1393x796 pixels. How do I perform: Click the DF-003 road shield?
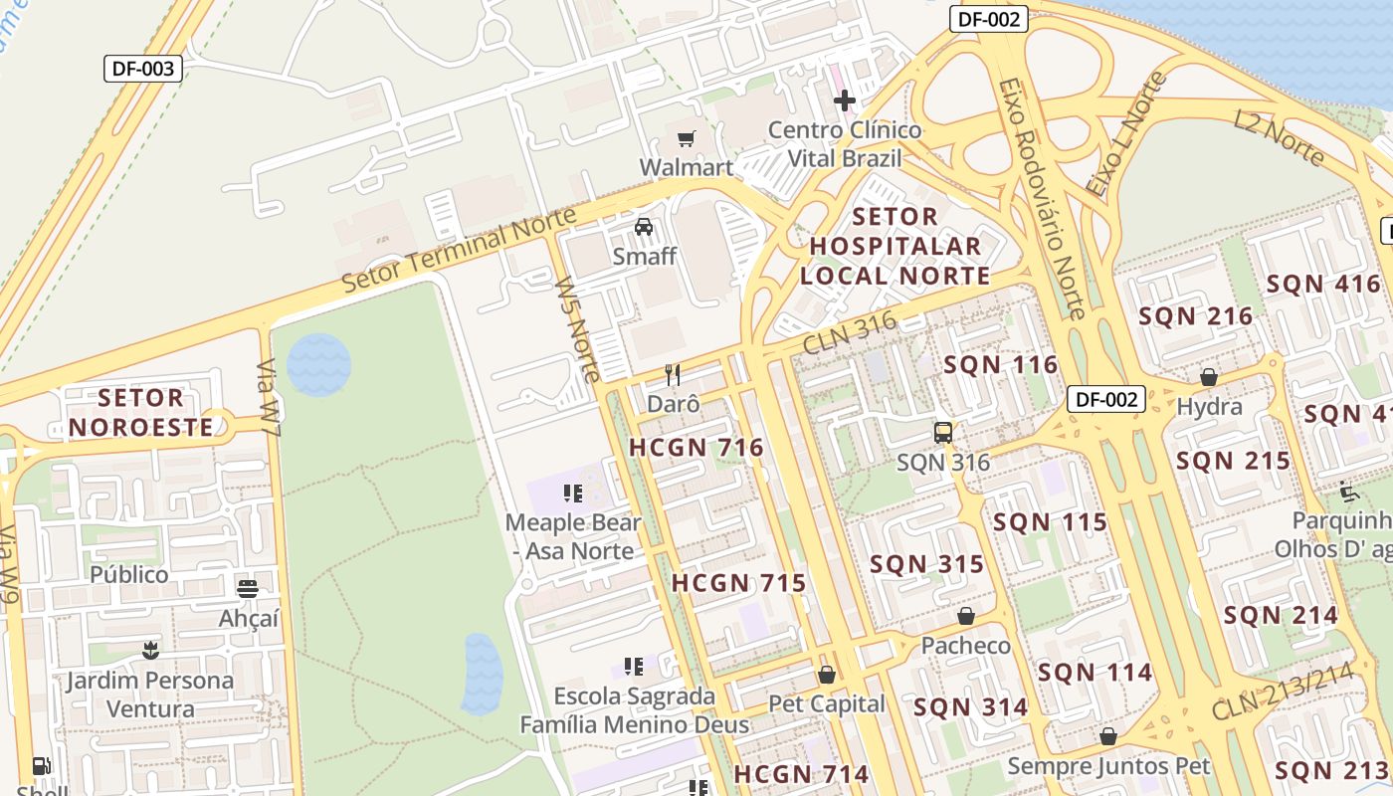coord(143,69)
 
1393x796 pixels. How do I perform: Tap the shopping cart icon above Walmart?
coord(686,138)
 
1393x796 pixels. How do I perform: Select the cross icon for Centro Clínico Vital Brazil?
coord(845,100)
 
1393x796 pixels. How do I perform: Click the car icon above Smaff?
coord(644,227)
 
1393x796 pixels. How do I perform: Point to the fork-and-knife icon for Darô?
coord(673,375)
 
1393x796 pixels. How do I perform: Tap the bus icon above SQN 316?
coord(942,433)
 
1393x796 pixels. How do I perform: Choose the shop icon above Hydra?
coord(1209,377)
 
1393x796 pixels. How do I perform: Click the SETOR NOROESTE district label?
coord(140,413)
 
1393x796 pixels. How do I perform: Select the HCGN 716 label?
coord(696,448)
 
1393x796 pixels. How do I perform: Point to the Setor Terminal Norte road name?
coord(459,250)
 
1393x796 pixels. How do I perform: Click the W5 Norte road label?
coord(578,329)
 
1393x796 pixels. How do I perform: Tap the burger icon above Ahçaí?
coord(248,588)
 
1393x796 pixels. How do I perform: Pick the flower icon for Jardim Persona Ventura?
coord(150,651)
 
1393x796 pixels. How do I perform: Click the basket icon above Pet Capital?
coord(826,675)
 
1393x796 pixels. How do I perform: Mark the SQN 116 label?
coord(1001,365)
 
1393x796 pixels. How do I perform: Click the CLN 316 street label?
coord(849,331)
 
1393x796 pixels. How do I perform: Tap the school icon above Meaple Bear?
coord(572,493)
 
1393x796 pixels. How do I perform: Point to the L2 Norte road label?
coord(1279,137)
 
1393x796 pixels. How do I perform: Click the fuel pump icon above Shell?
coord(41,766)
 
